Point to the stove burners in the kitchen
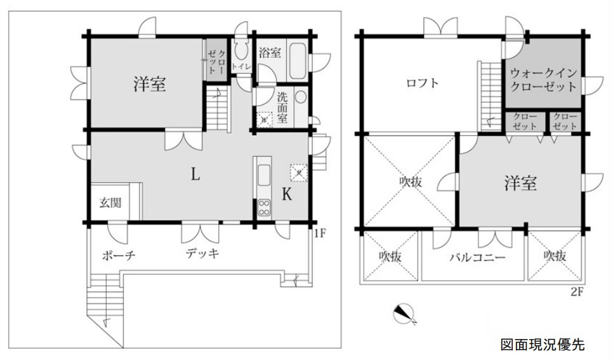click(263, 206)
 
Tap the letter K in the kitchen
click(286, 195)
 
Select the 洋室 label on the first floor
click(150, 84)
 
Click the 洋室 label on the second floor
click(520, 184)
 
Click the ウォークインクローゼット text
click(543, 79)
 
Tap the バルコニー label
click(477, 258)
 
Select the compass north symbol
click(404, 313)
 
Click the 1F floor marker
click(320, 233)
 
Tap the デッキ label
click(202, 254)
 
